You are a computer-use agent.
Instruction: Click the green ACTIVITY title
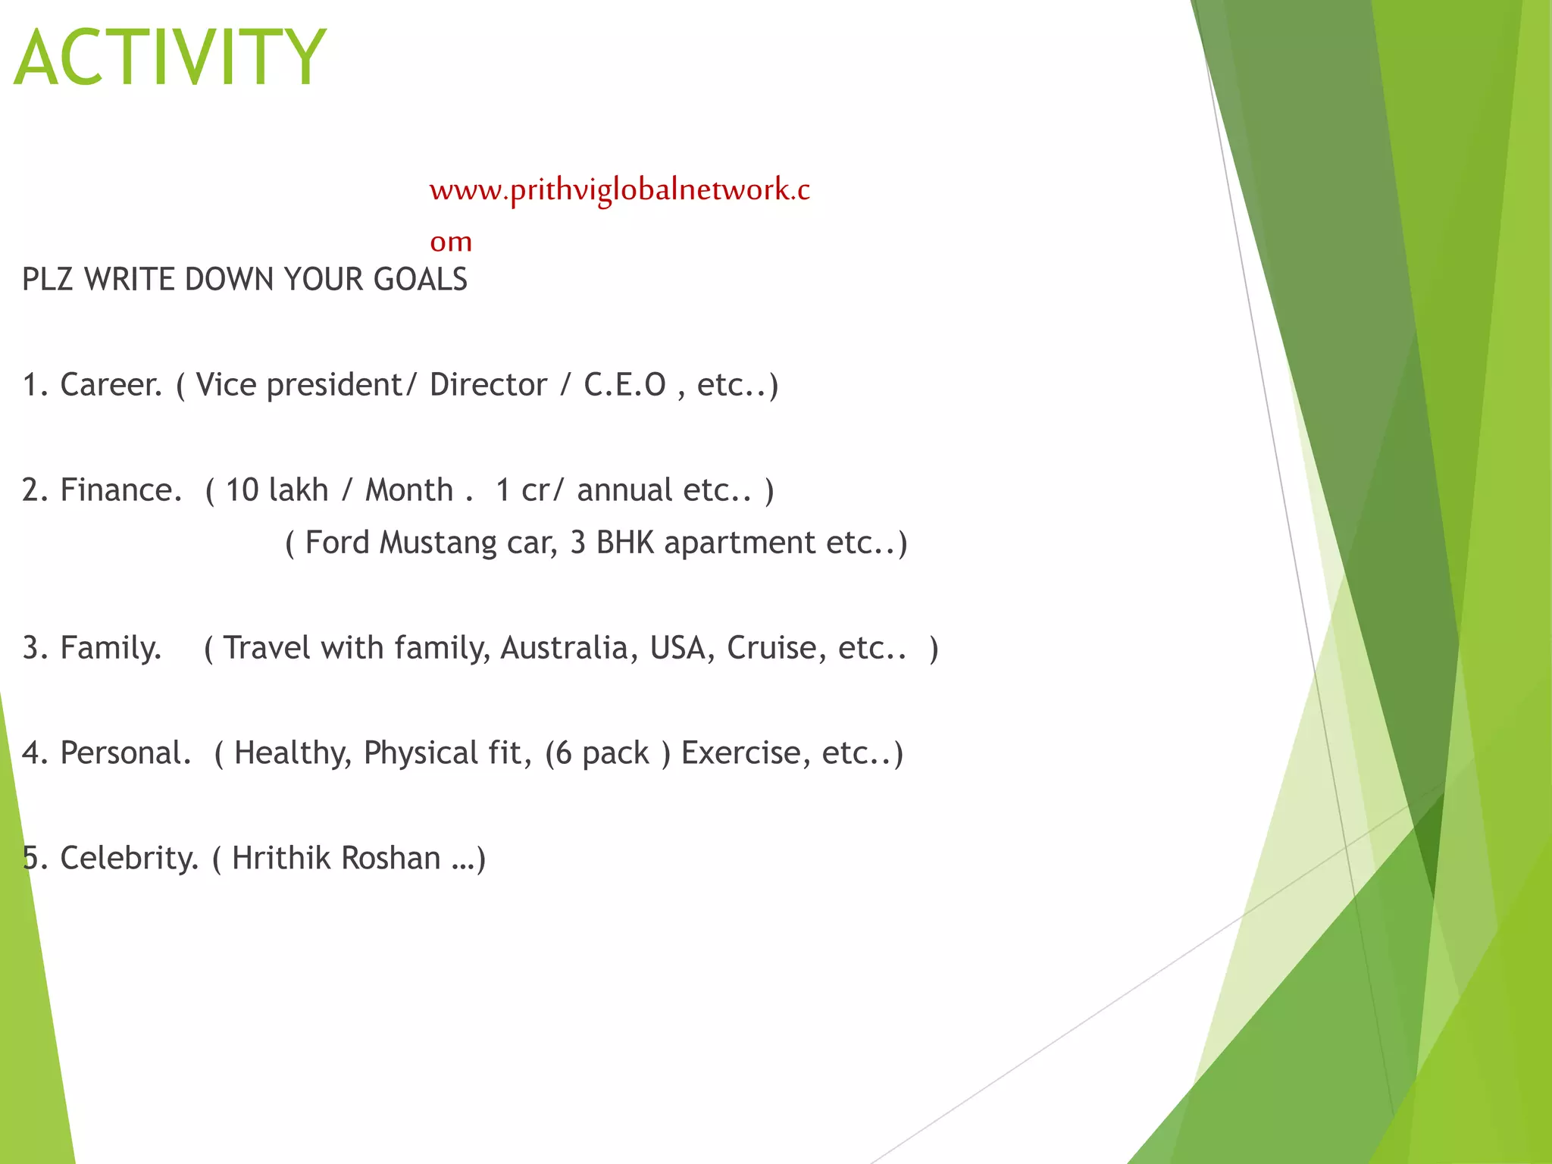point(171,58)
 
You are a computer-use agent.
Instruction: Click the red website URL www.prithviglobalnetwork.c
point(619,189)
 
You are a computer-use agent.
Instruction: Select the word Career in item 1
point(110,385)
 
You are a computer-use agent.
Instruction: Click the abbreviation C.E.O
point(624,385)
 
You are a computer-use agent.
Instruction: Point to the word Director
point(487,385)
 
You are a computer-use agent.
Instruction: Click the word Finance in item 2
point(120,490)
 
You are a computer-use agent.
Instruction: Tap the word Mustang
point(437,543)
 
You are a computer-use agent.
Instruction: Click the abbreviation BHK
point(624,543)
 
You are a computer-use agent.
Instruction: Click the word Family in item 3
point(110,649)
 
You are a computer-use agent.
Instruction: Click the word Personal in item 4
point(124,753)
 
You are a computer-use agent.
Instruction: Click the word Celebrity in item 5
point(128,859)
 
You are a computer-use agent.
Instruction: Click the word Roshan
point(390,859)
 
